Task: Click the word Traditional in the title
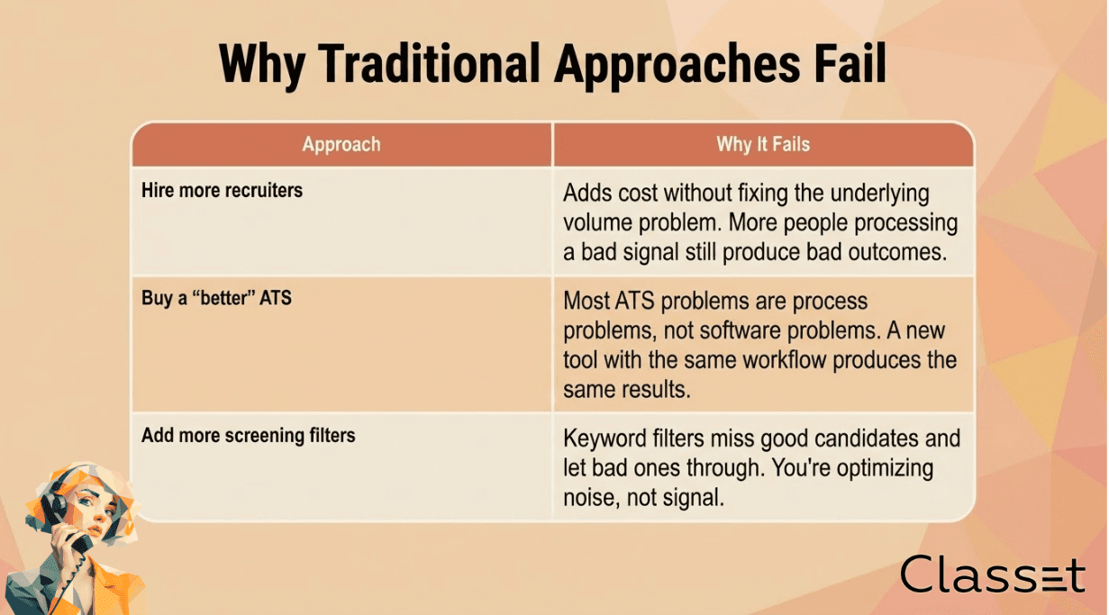429,63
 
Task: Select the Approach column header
341,144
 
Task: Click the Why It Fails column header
763,144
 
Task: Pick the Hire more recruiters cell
341,222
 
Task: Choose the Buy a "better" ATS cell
341,344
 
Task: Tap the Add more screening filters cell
341,466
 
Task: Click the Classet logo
992,574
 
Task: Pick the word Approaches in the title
677,67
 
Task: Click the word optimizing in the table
885,469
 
